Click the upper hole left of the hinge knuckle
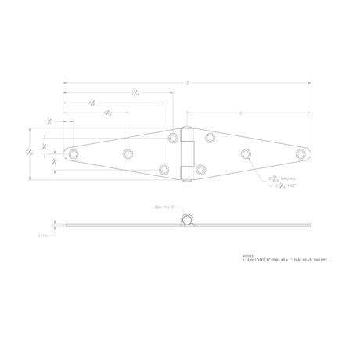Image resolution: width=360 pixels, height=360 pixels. point(173,139)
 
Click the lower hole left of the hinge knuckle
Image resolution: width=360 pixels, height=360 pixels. point(164,169)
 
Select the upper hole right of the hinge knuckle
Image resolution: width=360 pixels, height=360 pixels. point(211,139)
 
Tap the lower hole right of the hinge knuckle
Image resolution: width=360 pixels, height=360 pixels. point(201,169)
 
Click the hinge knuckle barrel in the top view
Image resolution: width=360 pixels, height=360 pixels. point(187,153)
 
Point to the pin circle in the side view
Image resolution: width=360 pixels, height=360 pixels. point(187,221)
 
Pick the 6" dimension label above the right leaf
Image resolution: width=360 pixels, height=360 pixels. point(240,114)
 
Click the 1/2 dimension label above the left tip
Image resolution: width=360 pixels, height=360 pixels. point(49,121)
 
